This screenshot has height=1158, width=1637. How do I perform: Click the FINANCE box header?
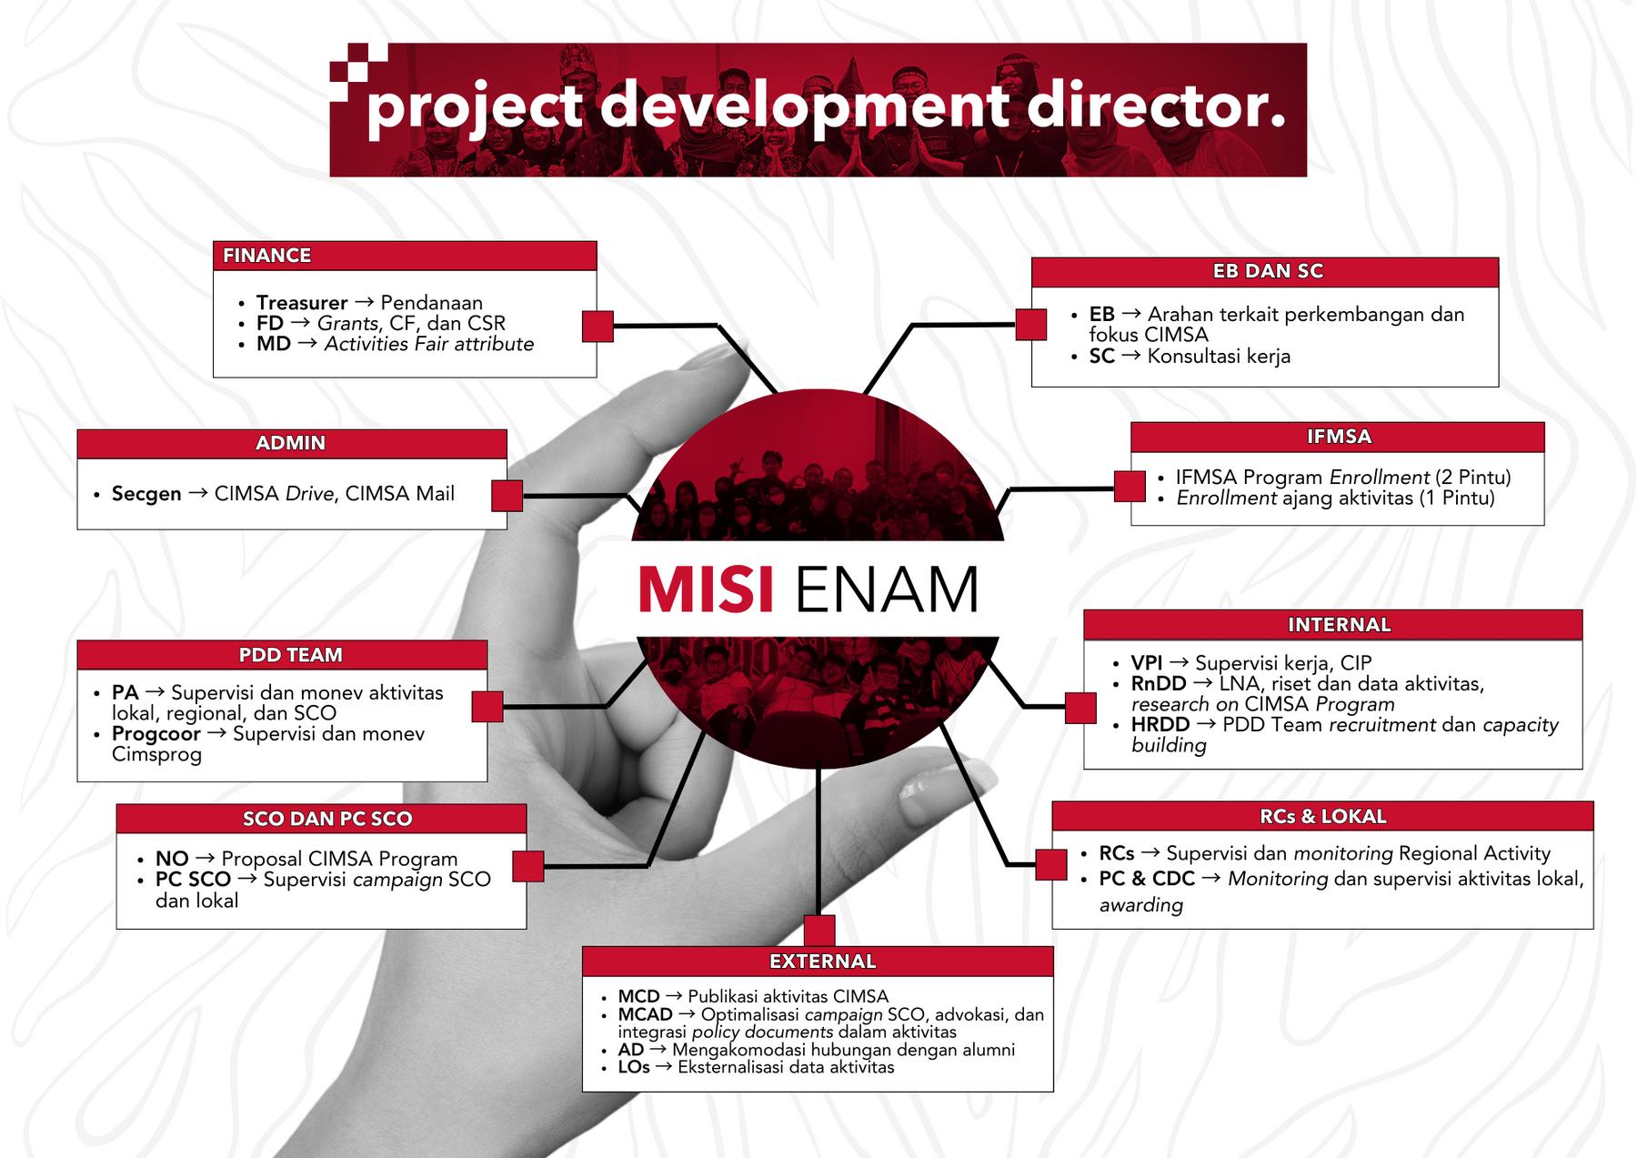266,256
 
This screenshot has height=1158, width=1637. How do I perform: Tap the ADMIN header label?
290,443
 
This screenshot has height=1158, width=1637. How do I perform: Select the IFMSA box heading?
1338,437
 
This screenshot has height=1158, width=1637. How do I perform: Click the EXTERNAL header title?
822,962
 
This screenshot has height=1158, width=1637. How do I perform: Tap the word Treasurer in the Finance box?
302,303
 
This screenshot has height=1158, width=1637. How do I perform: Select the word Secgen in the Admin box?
146,494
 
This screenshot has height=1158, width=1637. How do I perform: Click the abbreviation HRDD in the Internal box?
1160,725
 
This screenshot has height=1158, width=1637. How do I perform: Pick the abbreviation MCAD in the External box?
645,1014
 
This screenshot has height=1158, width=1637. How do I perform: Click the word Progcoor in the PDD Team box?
156,734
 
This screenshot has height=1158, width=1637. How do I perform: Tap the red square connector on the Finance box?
598,327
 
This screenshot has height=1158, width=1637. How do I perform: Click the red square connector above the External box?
819,931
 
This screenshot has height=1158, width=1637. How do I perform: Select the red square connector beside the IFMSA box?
1130,487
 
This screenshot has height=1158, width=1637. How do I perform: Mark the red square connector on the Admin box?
507,496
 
